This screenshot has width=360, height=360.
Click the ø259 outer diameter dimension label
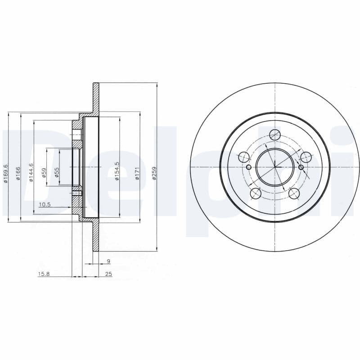coord(154,173)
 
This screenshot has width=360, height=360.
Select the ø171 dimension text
coord(137,173)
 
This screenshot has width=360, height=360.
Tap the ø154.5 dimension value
coord(117,171)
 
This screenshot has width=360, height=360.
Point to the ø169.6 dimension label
coord(6,173)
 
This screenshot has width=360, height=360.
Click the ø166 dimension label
coord(18,173)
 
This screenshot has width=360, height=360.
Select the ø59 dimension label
coord(44,173)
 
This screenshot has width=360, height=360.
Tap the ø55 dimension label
coord(57,173)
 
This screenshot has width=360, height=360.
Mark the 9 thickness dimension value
coord(108,261)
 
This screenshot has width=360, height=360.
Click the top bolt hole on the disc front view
coord(274,134)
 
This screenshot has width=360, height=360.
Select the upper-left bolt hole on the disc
coord(243,157)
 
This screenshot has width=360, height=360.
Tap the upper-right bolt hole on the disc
coord(306,157)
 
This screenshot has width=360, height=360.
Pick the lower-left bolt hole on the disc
coord(255,193)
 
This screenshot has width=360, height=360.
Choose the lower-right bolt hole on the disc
coord(294,193)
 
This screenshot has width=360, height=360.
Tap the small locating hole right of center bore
coord(301,167)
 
